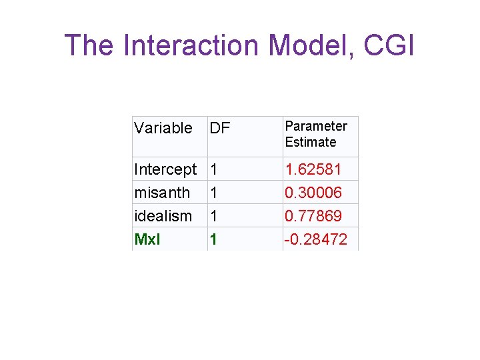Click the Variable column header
point(163,128)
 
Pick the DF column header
point(219,128)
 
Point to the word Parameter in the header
point(316,126)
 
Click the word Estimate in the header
point(311,142)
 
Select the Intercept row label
point(165,169)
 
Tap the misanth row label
point(162,193)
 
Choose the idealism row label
point(163,216)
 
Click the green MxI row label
point(147,239)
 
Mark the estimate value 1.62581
point(313,169)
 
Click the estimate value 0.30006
point(313,193)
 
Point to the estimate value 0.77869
point(313,216)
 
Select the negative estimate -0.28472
point(315,239)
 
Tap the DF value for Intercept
point(214,169)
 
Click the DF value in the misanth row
point(214,193)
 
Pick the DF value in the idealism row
point(214,216)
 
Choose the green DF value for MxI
point(214,239)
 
